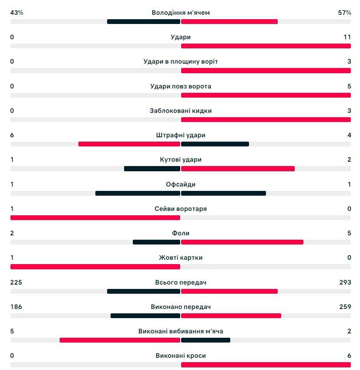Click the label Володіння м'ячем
click(181, 13)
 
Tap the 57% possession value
click(344, 13)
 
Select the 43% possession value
click(17, 13)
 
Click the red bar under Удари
click(266, 46)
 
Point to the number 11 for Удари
click(347, 37)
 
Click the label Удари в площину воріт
click(181, 61)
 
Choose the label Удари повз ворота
click(181, 86)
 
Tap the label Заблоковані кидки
click(181, 111)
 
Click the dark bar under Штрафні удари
click(215, 144)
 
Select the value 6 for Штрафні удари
click(12, 135)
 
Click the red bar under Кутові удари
click(238, 169)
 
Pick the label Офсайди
click(181, 184)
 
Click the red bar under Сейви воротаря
click(95, 217)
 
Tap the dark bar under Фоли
click(156, 242)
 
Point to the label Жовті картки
click(181, 258)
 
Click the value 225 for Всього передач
click(16, 282)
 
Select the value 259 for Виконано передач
click(345, 307)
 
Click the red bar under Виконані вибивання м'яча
click(120, 340)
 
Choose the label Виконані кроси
click(181, 356)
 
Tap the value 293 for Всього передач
click(345, 282)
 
